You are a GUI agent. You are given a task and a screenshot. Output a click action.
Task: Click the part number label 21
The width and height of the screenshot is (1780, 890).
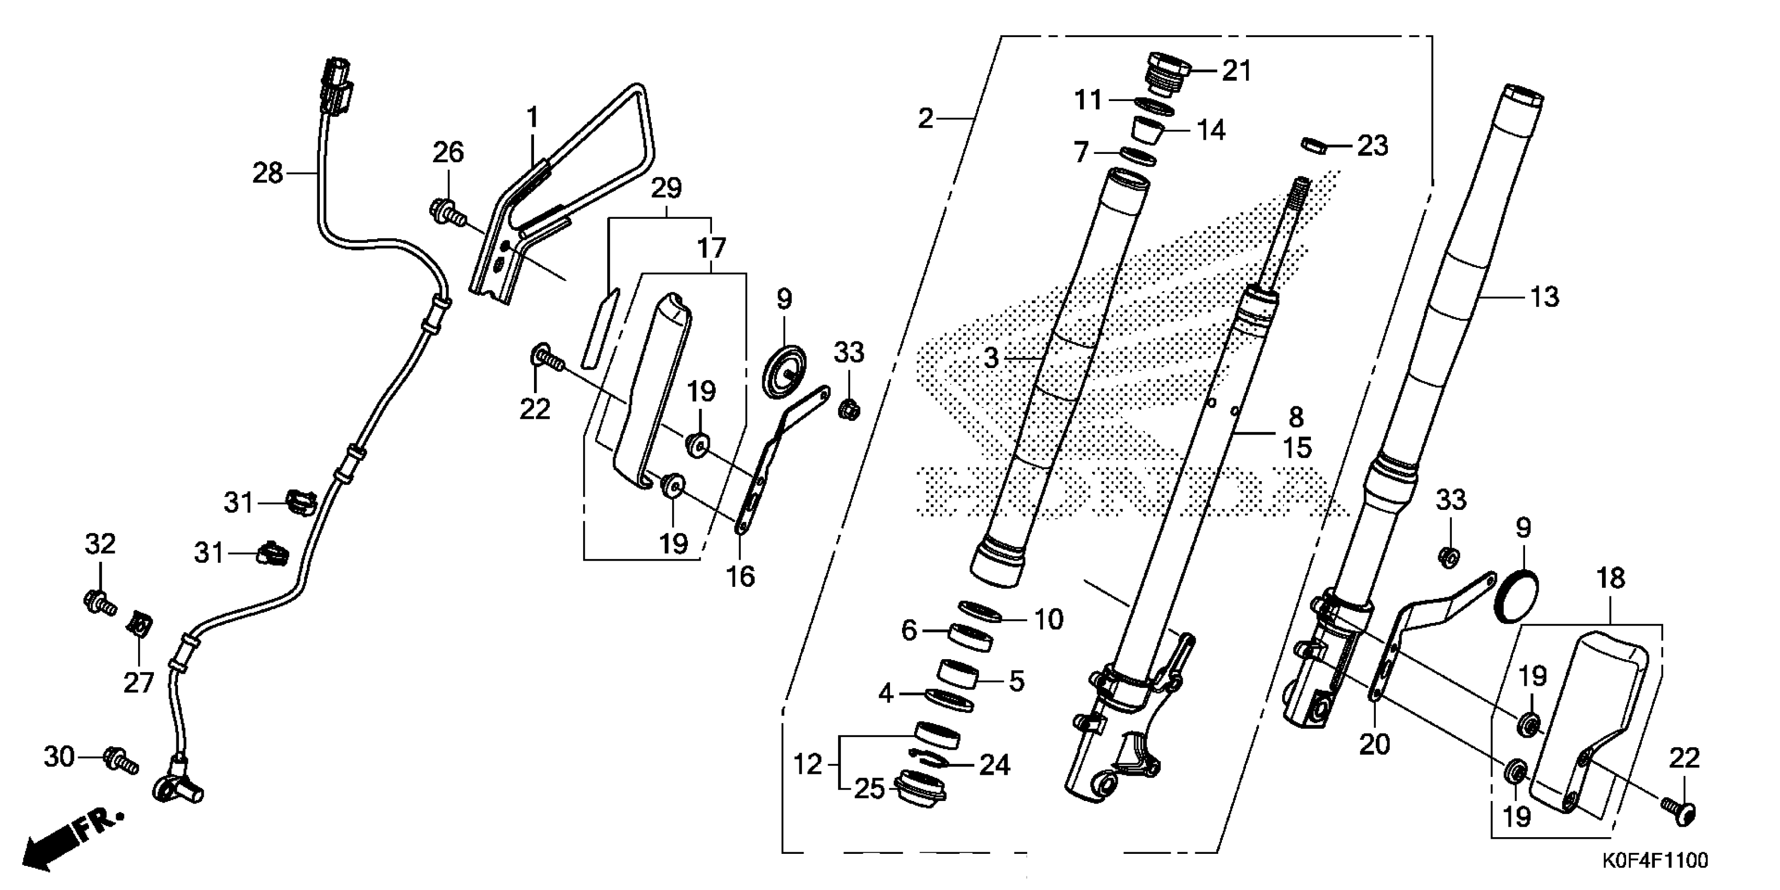1237,71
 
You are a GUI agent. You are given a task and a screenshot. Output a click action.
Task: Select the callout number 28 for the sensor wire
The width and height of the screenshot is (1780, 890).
268,173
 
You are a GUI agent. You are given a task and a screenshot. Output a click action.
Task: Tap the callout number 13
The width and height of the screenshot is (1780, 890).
1544,297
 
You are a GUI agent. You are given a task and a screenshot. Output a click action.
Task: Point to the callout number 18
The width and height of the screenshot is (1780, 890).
1611,578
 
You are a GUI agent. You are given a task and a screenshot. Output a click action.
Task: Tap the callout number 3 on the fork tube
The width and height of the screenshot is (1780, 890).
992,358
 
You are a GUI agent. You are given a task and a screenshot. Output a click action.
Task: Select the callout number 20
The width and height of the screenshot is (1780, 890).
1374,745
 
